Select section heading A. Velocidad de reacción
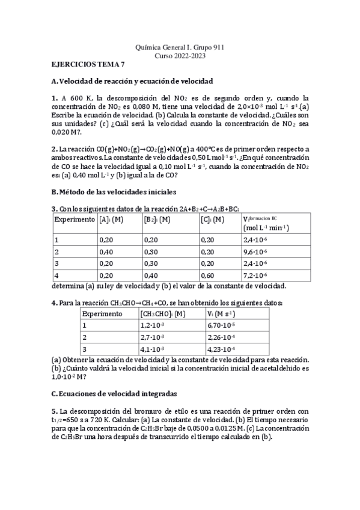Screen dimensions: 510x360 click(132, 81)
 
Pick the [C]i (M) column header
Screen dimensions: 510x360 click(213, 220)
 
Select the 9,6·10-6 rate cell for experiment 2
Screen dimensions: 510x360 click(256, 251)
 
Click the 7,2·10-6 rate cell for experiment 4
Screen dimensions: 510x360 click(256, 275)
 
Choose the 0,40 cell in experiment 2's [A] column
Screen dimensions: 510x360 click(106, 251)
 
